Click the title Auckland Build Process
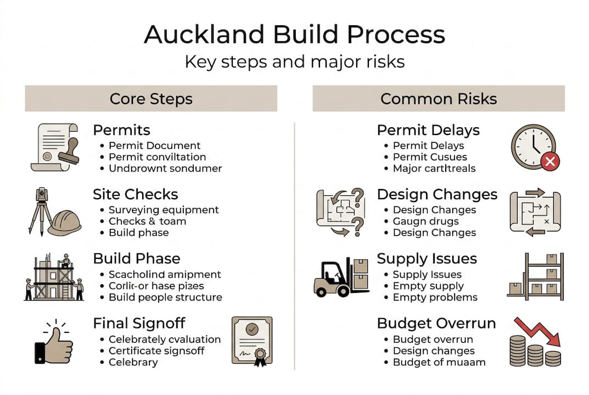[294, 34]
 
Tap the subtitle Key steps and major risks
[294, 61]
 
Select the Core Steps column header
[151, 99]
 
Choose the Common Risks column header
[439, 99]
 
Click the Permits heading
[121, 130]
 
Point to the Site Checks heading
[135, 194]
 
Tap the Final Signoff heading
[139, 323]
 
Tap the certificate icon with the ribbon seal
[252, 340]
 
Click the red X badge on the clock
[550, 161]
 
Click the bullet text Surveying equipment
[163, 210]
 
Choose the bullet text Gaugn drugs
[425, 221]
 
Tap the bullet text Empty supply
[428, 286]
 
